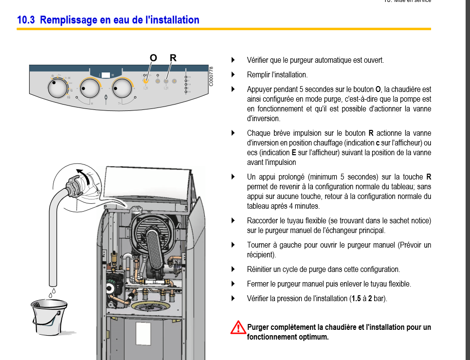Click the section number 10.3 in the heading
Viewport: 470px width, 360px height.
point(25,20)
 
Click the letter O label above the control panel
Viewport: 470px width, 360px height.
point(153,58)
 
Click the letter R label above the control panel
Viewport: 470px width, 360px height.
point(173,58)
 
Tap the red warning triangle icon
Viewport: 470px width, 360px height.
point(237,327)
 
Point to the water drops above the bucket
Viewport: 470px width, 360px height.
point(52,292)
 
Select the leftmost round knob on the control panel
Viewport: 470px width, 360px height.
point(58,89)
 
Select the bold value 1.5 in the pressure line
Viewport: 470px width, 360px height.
point(357,298)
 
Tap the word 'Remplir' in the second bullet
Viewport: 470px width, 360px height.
point(258,75)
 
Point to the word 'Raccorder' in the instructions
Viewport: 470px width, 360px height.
point(263,220)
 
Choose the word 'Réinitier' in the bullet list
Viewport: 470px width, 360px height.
point(261,269)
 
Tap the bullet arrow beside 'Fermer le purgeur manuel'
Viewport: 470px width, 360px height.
point(233,284)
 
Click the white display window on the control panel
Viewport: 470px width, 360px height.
point(106,75)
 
